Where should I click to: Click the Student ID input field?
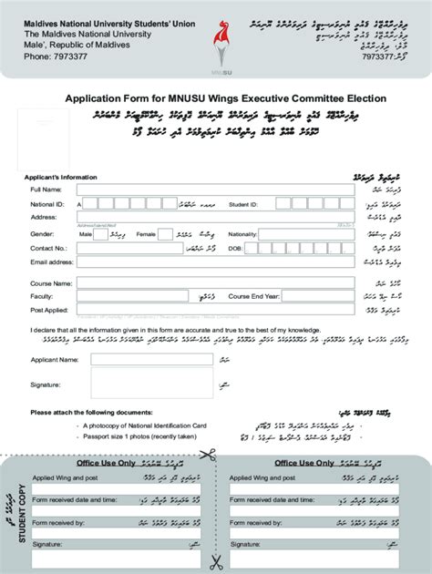[x=309, y=204]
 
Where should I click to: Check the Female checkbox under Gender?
[x=166, y=234]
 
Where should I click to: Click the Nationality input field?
[x=309, y=234]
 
